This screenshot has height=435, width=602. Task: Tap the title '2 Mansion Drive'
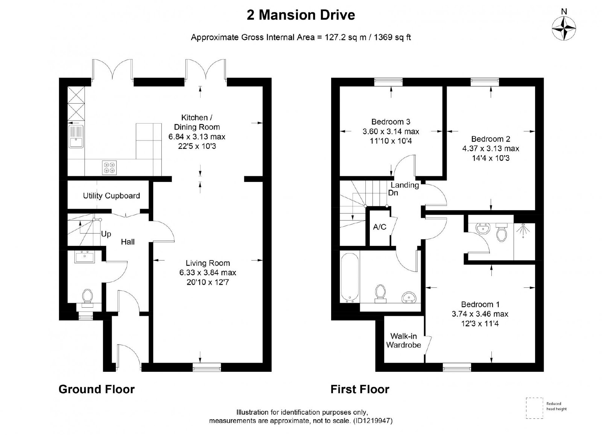[x=301, y=15]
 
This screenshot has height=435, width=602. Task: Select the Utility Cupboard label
[x=111, y=196]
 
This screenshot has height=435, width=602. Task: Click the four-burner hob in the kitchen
[x=109, y=167]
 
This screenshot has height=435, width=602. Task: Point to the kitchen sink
[x=76, y=137]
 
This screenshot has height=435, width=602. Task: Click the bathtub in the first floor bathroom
[x=350, y=278]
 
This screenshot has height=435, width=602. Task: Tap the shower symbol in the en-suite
[x=523, y=230]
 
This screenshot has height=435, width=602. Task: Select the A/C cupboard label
[x=380, y=227]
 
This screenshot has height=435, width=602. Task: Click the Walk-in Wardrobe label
[x=403, y=340]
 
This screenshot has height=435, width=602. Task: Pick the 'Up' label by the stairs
[x=106, y=234]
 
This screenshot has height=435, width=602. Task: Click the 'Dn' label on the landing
[x=393, y=193]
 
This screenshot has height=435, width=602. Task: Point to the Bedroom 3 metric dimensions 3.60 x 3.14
[x=391, y=131]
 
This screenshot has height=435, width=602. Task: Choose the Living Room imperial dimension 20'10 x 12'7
[x=208, y=282]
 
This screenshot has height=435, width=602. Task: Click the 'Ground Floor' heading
[x=96, y=389]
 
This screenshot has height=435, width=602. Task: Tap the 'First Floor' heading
[x=360, y=389]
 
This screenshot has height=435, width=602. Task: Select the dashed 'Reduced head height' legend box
[x=534, y=408]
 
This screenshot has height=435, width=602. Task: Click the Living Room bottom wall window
[x=207, y=367]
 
